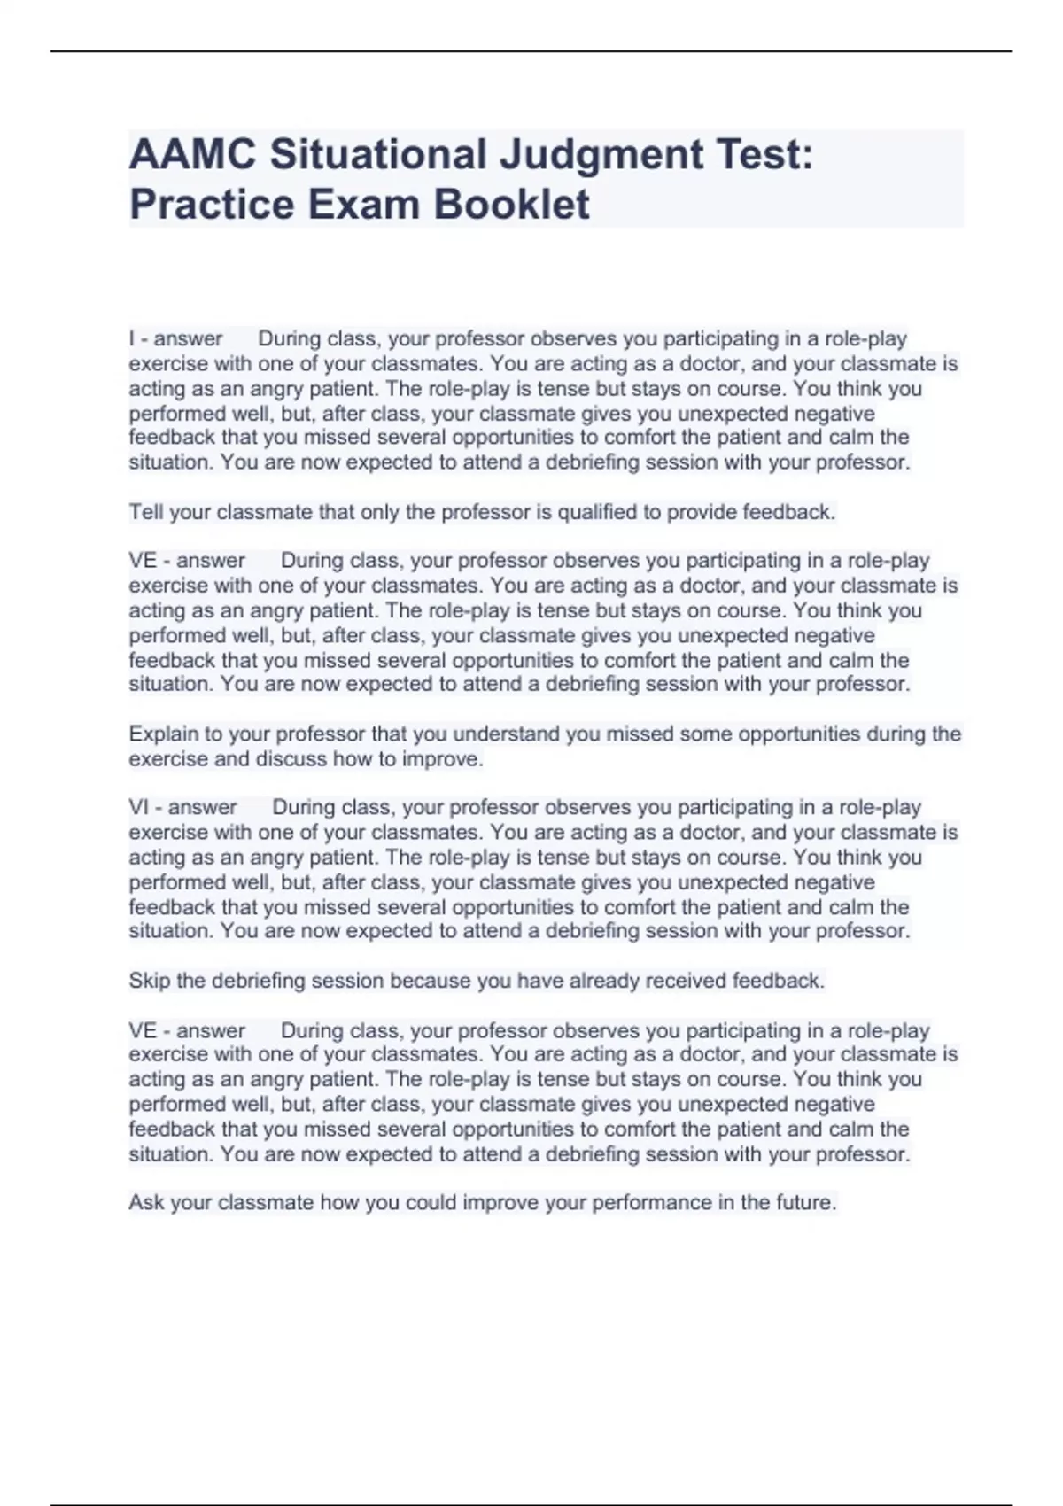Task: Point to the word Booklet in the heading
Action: click(x=511, y=205)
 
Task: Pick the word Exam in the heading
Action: click(x=364, y=205)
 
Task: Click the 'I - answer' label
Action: click(x=175, y=339)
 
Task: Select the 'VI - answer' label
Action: click(x=182, y=808)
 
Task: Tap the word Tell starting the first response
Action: click(x=145, y=513)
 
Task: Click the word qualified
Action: click(x=596, y=513)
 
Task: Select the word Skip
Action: click(x=148, y=982)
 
